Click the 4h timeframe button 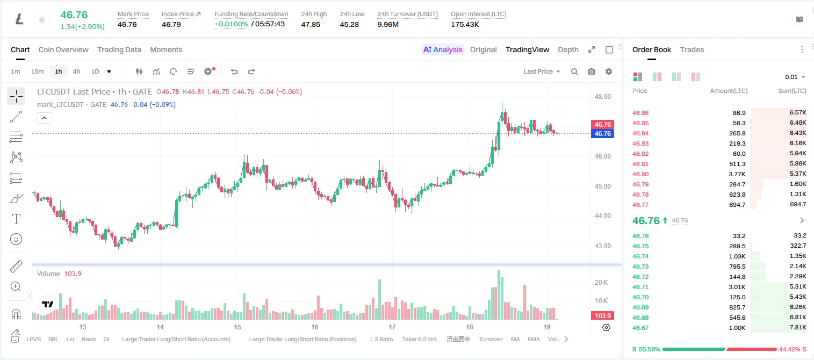click(76, 71)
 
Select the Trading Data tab click(119, 49)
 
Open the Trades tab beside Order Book click(692, 49)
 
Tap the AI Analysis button click(443, 49)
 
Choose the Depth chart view click(568, 49)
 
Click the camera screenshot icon click(592, 71)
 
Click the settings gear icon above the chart click(609, 71)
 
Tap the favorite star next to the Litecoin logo click(42, 19)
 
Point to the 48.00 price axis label click(603, 97)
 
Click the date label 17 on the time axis click(392, 327)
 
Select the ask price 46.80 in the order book click(640, 174)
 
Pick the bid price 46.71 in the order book click(640, 287)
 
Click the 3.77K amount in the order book click(737, 174)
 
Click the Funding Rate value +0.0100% click(231, 24)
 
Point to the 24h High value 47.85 click(311, 24)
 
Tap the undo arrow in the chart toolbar click(234, 71)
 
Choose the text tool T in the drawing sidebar click(16, 219)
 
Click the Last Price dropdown click(542, 71)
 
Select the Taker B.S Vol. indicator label click(419, 339)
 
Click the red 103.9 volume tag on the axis click(602, 315)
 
